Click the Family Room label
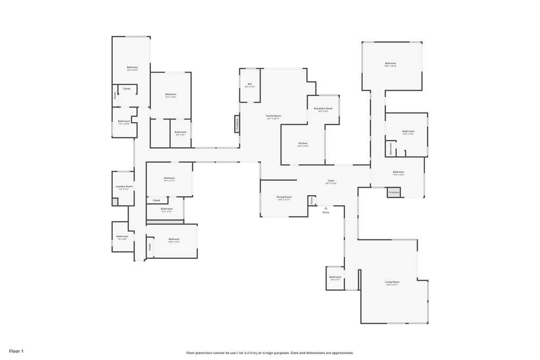tap(273, 115)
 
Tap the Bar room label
tap(249, 84)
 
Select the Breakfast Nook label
tap(323, 108)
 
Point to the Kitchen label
tap(303, 143)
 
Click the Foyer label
tap(331, 181)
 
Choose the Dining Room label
tap(284, 197)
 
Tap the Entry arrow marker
tap(325, 209)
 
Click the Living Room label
tap(392, 282)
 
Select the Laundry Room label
tap(124, 186)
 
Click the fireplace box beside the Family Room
tap(237, 124)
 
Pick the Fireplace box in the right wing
tap(393, 192)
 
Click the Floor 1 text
tap(16, 351)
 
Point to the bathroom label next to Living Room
tap(335, 277)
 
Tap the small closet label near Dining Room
tap(312, 200)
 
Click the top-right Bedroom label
tap(390, 63)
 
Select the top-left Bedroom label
tap(132, 67)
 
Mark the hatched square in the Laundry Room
tap(115, 201)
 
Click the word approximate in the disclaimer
tap(341, 353)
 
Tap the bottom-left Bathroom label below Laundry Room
tap(122, 236)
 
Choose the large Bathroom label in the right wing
tap(408, 131)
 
